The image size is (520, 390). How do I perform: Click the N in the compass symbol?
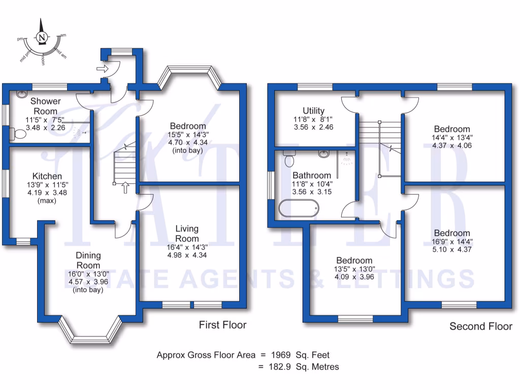[x=42, y=37]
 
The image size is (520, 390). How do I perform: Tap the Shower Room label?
[x=45, y=106]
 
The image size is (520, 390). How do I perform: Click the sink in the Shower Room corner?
[x=22, y=94]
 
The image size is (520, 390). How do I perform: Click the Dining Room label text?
[x=88, y=260]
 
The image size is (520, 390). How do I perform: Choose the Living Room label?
[x=187, y=234]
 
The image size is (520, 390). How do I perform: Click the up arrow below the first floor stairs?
[x=125, y=188]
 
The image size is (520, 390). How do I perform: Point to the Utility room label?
[x=313, y=111]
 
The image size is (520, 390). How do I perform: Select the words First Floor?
[x=222, y=324]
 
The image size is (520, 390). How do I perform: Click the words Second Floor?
[x=480, y=326]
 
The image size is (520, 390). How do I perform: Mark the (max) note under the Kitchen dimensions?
[x=46, y=200]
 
